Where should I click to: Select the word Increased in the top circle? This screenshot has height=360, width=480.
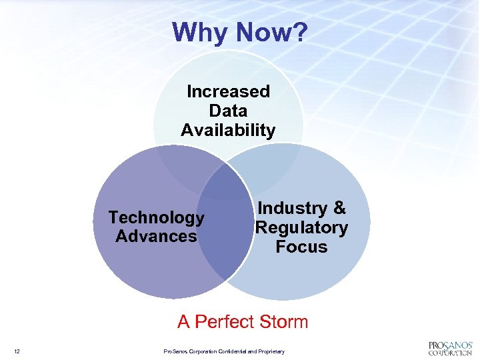coord(228,91)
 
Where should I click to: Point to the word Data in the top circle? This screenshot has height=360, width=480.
coord(228,111)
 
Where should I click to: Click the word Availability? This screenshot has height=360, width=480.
coord(228,130)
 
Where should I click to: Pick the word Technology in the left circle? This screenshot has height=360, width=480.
coord(156,217)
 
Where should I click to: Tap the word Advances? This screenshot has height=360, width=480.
coord(156,236)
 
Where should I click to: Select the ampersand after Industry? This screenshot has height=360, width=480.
coord(339,209)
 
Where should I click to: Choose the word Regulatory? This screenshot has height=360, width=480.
coord(301,227)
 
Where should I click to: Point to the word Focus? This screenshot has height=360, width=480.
coord(301,247)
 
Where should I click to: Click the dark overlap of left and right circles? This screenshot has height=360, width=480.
coord(224,227)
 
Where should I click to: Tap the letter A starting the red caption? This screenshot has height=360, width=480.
coord(183,322)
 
